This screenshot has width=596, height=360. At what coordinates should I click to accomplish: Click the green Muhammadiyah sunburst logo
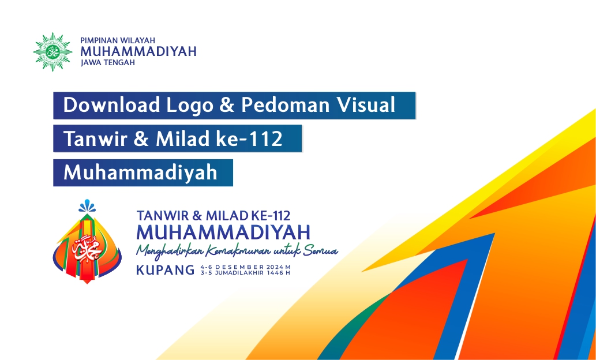click(x=53, y=52)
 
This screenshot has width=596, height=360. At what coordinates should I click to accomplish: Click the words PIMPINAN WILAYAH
click(x=118, y=40)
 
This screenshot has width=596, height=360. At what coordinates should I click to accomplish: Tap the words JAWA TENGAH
click(x=108, y=63)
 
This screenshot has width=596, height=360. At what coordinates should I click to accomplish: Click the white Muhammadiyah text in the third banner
click(x=141, y=172)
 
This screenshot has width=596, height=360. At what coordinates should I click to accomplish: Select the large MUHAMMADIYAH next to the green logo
click(x=138, y=51)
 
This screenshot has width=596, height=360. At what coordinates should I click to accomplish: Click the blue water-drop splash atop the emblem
click(x=87, y=205)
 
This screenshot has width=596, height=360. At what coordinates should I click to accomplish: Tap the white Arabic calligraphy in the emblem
click(x=87, y=249)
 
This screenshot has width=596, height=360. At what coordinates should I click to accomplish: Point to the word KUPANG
click(x=166, y=270)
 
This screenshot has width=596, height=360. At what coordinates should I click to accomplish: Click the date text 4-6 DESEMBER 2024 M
click(x=246, y=267)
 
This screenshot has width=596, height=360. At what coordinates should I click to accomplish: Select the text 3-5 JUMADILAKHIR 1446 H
click(x=246, y=272)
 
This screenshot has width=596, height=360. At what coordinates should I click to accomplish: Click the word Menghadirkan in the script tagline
click(x=171, y=251)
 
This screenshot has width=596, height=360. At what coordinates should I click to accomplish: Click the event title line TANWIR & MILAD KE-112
click(x=213, y=216)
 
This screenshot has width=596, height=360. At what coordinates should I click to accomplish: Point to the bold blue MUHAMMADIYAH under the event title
click(x=223, y=232)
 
